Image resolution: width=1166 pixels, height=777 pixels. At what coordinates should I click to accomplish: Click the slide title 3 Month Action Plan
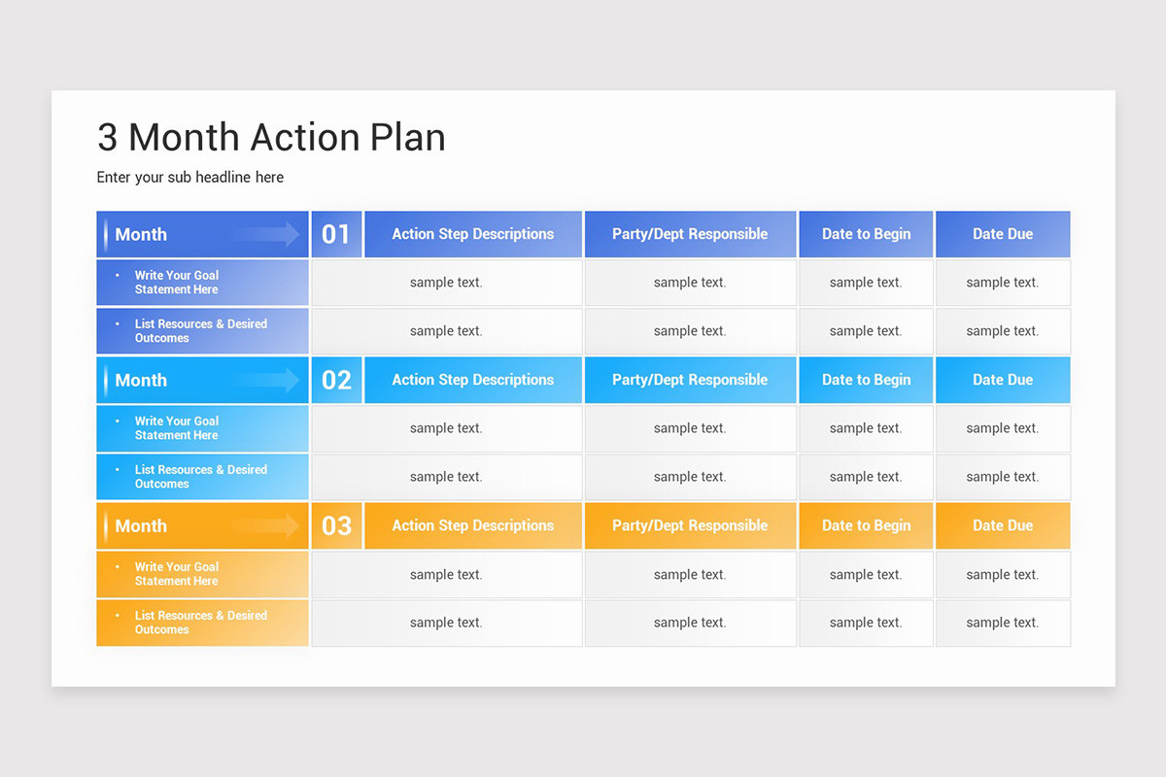point(271,138)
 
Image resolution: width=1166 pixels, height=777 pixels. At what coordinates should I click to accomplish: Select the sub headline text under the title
point(190,177)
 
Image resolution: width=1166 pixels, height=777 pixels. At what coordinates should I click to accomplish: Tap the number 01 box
point(336,234)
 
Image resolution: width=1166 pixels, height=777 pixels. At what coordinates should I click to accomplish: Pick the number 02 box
point(336,380)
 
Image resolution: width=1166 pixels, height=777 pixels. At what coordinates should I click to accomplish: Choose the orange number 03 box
point(336,525)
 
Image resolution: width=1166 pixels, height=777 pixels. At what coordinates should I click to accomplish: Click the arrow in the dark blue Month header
point(267,234)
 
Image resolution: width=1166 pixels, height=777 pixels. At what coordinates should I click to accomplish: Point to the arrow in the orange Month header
point(267,525)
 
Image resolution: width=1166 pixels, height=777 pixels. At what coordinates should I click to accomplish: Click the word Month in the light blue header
point(141,380)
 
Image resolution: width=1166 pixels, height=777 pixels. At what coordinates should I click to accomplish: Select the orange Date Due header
point(1003,525)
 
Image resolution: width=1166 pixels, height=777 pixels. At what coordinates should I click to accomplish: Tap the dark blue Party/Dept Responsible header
point(690,234)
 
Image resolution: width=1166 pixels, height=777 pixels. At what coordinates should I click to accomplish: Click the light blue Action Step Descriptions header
point(473,380)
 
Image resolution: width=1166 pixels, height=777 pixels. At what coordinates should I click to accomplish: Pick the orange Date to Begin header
point(866,525)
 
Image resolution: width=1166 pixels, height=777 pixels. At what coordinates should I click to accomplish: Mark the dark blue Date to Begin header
point(866,234)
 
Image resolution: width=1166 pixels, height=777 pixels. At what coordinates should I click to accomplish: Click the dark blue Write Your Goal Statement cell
point(202,283)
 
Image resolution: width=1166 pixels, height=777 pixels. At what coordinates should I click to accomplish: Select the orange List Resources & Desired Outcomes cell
point(202,623)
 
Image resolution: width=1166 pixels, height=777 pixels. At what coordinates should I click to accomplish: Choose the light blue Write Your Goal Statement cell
point(202,428)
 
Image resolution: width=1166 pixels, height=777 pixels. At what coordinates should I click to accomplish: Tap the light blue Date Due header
point(1003,380)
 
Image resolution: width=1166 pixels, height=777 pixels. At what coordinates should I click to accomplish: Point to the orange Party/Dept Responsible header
point(690,525)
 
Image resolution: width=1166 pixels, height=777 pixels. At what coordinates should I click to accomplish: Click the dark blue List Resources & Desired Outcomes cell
point(202,331)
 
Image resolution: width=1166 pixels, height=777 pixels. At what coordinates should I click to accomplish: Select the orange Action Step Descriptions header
point(473,525)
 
